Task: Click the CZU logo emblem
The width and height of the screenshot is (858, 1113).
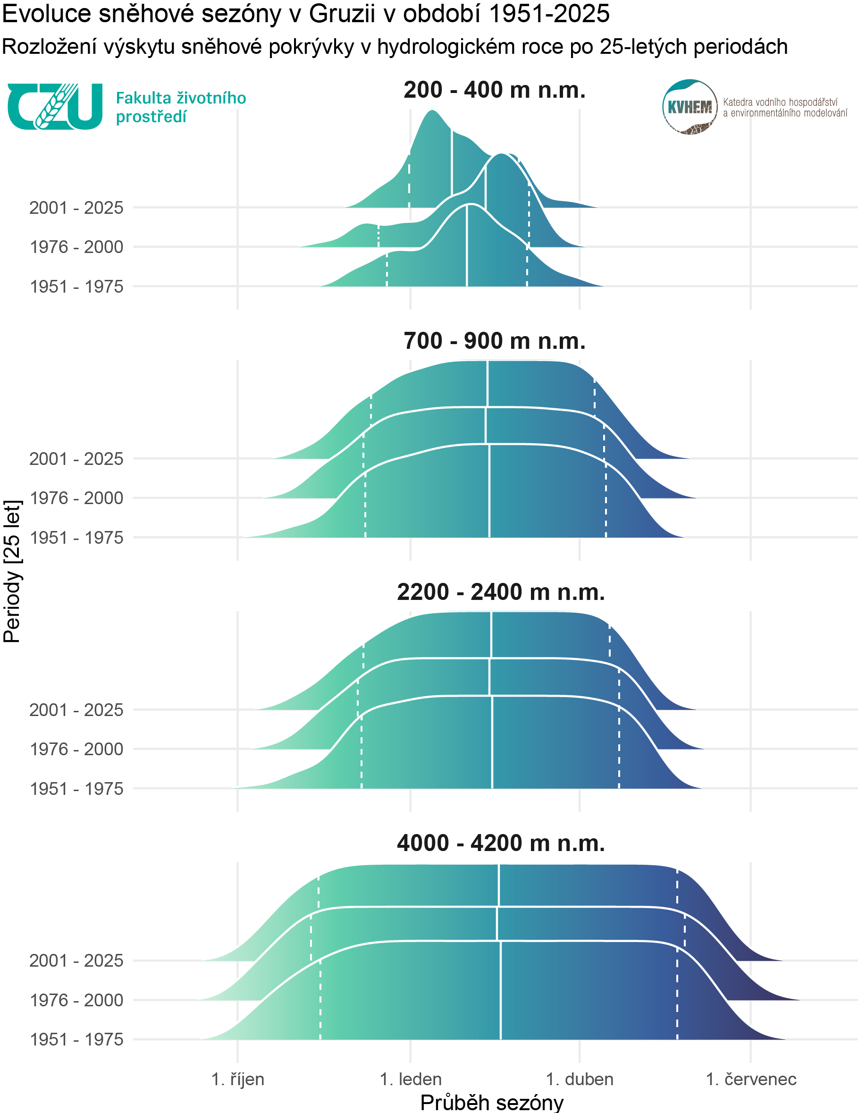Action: (55, 106)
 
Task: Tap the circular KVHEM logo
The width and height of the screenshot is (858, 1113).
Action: (690, 107)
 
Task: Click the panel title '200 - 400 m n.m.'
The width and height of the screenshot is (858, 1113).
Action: (494, 90)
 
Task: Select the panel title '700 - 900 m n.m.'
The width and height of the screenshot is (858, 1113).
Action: (494, 341)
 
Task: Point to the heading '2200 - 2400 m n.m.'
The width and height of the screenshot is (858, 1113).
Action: (501, 592)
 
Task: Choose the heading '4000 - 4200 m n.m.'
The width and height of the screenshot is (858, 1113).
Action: (501, 843)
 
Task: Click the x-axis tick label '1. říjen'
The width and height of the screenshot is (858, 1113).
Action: (237, 1079)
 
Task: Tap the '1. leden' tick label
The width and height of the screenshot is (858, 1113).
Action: (411, 1079)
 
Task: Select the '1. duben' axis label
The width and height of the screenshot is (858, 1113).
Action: (579, 1079)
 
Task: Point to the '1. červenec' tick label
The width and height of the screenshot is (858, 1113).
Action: (750, 1079)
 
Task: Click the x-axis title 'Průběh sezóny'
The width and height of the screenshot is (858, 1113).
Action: (492, 1102)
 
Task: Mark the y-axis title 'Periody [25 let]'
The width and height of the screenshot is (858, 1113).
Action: (12, 571)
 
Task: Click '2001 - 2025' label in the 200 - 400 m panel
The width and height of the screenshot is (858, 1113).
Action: (76, 208)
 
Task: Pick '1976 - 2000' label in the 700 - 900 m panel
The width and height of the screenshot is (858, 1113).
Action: (76, 498)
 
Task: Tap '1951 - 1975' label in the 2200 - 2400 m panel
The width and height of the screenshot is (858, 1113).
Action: (76, 789)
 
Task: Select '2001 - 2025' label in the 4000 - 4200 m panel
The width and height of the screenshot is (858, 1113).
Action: (76, 961)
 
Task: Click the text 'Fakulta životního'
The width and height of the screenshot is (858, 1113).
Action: (181, 98)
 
